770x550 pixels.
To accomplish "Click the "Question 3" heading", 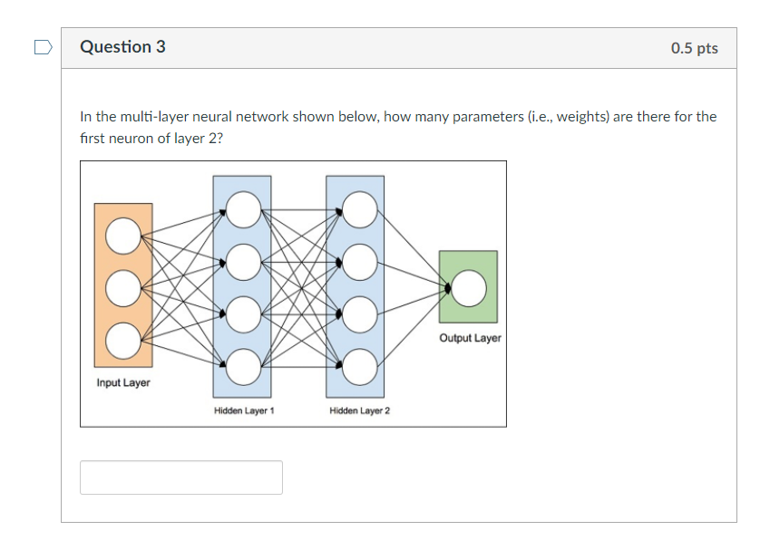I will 122,47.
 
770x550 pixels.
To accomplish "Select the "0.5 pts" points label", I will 694,48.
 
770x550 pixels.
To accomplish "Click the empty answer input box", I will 181,478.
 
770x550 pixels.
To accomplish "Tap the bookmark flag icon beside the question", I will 43,47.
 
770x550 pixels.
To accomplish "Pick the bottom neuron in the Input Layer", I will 122,341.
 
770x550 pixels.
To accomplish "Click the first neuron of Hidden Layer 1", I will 242,210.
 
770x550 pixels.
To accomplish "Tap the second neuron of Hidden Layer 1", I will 242,263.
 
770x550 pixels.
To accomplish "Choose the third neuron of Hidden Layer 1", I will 242,314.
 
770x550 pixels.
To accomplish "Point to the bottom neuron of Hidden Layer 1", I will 242,367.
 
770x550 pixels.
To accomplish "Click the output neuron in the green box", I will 469,288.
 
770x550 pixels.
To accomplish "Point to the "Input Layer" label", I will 123,383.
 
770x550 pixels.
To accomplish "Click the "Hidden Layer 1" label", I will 244,411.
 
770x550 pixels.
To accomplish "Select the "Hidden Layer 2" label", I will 360,411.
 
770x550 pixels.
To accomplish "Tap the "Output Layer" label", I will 470,338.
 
